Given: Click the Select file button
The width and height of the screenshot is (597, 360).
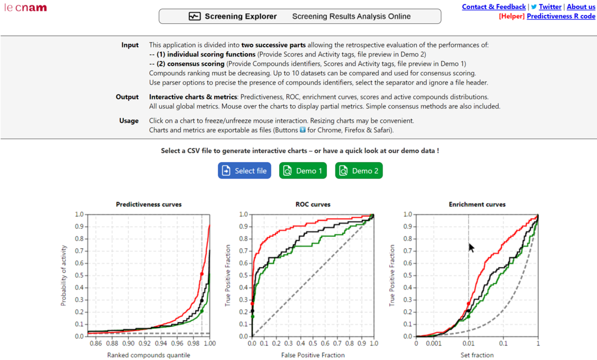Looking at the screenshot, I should tap(245, 171).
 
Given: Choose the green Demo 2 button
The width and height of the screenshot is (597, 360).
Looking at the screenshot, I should tap(359, 171).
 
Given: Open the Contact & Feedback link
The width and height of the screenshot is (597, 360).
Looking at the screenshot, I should tap(494, 7).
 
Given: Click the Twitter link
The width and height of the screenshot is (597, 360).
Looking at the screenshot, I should tap(550, 7).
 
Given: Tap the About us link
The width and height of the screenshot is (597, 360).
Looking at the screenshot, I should tap(581, 7).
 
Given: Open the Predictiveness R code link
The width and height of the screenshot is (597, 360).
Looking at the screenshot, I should tap(561, 16).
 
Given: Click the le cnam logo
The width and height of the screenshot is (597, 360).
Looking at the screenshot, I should tap(25, 8).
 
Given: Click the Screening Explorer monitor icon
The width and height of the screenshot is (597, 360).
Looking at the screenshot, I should tap(195, 17).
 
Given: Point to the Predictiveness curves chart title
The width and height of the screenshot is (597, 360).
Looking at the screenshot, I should tap(149, 205).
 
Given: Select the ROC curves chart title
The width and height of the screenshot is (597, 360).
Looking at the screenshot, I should tap(313, 205).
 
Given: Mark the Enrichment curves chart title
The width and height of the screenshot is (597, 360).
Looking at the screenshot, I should tap(477, 205).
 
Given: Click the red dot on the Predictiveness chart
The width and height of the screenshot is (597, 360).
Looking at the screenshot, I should tap(202, 274).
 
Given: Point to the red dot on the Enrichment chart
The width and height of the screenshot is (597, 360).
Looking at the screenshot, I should tap(468, 304).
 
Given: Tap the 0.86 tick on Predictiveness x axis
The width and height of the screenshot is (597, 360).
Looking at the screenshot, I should tap(96, 344).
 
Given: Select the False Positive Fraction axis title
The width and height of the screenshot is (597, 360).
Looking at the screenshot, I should tap(313, 355).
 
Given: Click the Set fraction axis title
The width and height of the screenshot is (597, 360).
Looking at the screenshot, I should tap(477, 355).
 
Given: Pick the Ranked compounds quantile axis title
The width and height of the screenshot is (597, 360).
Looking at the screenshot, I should tap(149, 355).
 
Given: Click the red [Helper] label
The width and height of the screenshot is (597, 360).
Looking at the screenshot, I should tap(511, 16).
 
